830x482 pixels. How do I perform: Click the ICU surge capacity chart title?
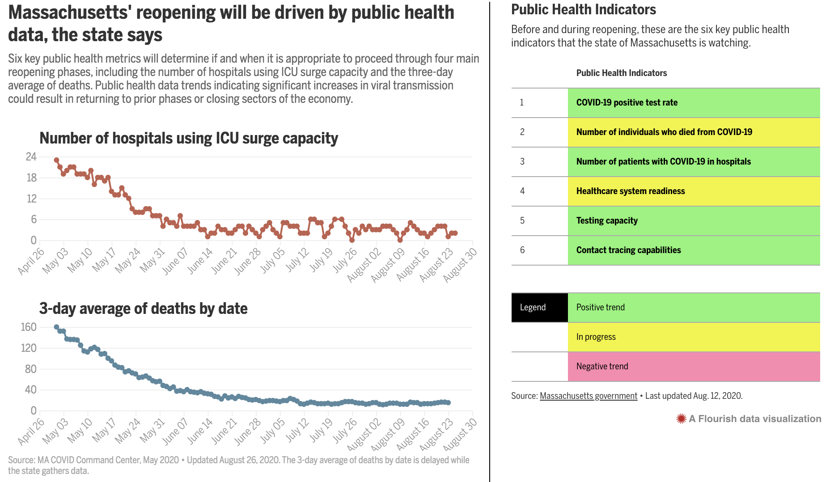(188, 138)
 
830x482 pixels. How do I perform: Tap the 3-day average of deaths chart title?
(143, 309)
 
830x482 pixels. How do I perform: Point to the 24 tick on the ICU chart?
(31, 157)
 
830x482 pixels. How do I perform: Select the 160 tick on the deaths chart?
(29, 327)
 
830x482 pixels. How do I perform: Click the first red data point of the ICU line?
(56, 160)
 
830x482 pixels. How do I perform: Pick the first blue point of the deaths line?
(56, 327)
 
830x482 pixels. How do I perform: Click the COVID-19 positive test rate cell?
(693, 103)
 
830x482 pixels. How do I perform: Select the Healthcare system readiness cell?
(693, 191)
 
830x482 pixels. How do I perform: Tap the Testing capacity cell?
(693, 221)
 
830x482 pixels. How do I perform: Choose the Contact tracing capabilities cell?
(693, 250)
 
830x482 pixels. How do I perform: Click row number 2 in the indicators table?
(522, 132)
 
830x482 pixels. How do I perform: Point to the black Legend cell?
(539, 308)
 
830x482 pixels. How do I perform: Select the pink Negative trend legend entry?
(693, 367)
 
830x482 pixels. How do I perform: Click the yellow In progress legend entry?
(693, 337)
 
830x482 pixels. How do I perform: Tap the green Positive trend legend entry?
(693, 308)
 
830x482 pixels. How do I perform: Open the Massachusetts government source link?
(588, 396)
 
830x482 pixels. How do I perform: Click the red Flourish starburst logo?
(681, 419)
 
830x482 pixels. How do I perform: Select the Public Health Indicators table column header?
(621, 73)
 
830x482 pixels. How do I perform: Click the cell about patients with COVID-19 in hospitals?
(693, 162)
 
